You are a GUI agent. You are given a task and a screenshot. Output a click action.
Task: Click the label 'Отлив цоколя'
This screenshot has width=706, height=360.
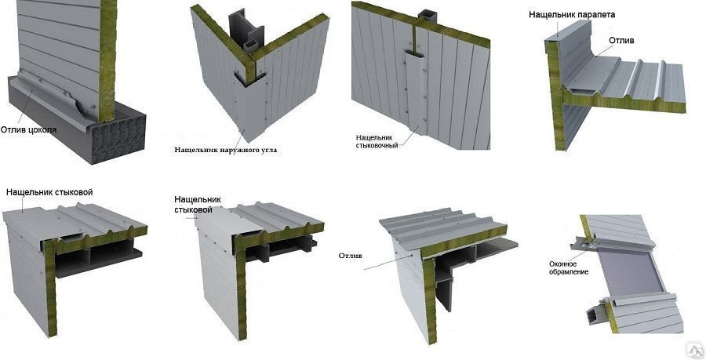tap(28, 130)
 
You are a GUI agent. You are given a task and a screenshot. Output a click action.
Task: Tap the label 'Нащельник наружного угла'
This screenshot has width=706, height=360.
tap(226, 150)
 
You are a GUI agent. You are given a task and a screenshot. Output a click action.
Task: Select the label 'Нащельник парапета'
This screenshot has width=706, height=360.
tap(571, 14)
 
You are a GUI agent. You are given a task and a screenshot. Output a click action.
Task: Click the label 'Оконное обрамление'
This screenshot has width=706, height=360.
tap(568, 267)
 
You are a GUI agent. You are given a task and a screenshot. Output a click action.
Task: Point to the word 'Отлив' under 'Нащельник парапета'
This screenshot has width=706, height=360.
tap(621, 40)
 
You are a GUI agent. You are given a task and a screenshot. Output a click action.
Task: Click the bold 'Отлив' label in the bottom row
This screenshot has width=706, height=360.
tap(351, 256)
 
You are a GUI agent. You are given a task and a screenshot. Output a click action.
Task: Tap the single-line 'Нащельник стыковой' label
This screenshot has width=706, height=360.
tap(49, 192)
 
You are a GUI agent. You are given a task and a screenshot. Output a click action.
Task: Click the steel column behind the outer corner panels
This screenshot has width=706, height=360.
tap(245, 31)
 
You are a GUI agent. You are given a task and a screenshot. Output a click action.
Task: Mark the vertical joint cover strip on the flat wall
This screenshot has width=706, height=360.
tap(416, 90)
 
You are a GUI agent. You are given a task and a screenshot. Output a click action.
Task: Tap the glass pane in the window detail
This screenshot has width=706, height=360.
tap(629, 273)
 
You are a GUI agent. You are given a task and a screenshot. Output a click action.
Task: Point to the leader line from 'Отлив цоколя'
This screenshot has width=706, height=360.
tap(29, 107)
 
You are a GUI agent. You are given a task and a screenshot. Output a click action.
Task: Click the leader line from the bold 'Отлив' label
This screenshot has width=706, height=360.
tap(387, 262)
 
